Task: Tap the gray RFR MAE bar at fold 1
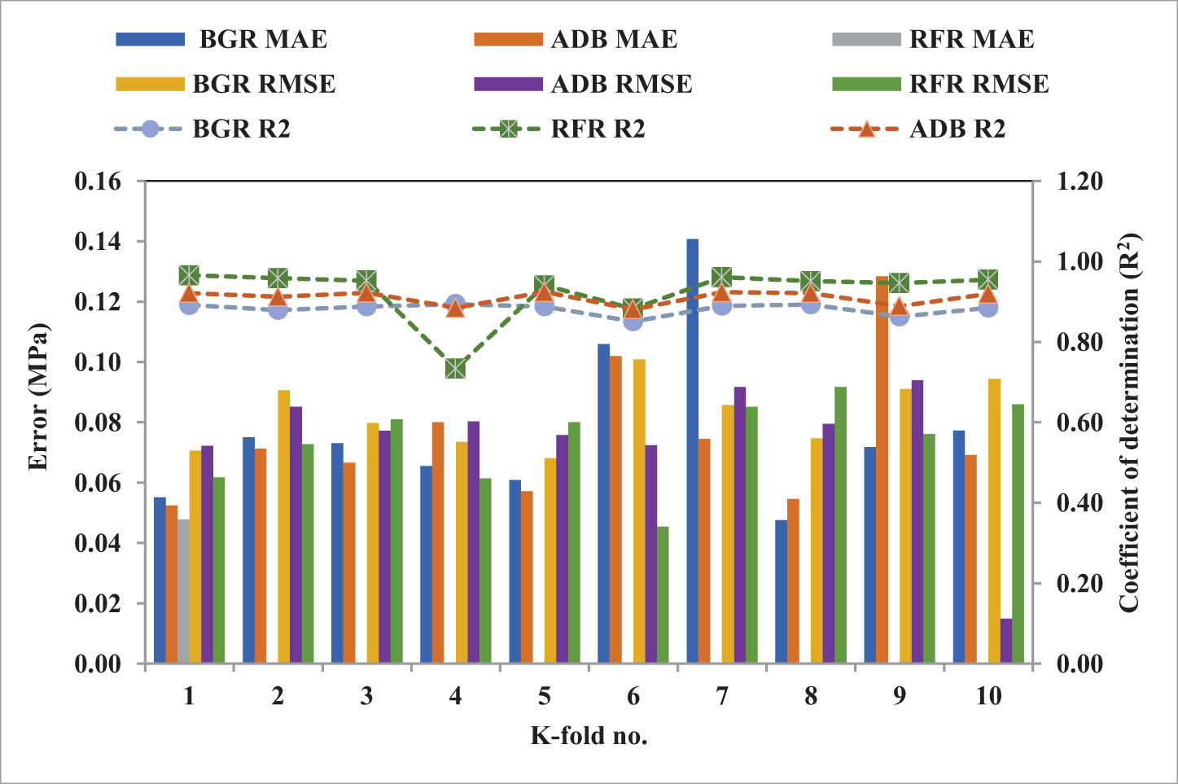(184, 591)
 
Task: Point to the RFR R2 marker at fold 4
(455, 369)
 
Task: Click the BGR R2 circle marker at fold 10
(988, 308)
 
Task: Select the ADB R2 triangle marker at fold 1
(189, 294)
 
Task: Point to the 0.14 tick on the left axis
(97, 242)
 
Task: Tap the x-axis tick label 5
(544, 697)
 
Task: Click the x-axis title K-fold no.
(589, 736)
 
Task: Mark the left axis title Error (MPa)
(37, 397)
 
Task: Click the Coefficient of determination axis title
(1129, 422)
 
